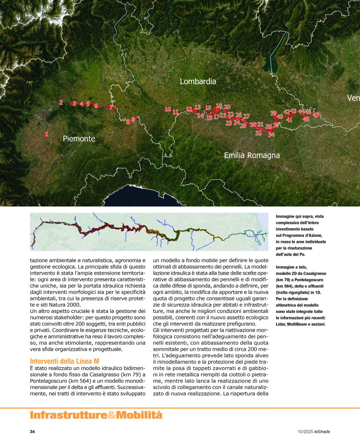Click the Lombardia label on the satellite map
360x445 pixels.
point(198,81)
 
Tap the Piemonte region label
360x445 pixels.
point(79,139)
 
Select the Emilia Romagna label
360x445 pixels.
point(252,155)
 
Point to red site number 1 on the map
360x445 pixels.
point(47,134)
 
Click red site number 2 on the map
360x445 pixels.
point(61,103)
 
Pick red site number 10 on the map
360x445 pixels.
point(168,110)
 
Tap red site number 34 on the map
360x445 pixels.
point(271,135)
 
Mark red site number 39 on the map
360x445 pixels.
point(273,113)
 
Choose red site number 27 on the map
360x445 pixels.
point(247,116)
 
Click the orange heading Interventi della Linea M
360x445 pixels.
point(64,361)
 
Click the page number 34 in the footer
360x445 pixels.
point(32,432)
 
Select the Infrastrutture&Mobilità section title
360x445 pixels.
point(96,415)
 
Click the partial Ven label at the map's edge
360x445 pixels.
point(353,99)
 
